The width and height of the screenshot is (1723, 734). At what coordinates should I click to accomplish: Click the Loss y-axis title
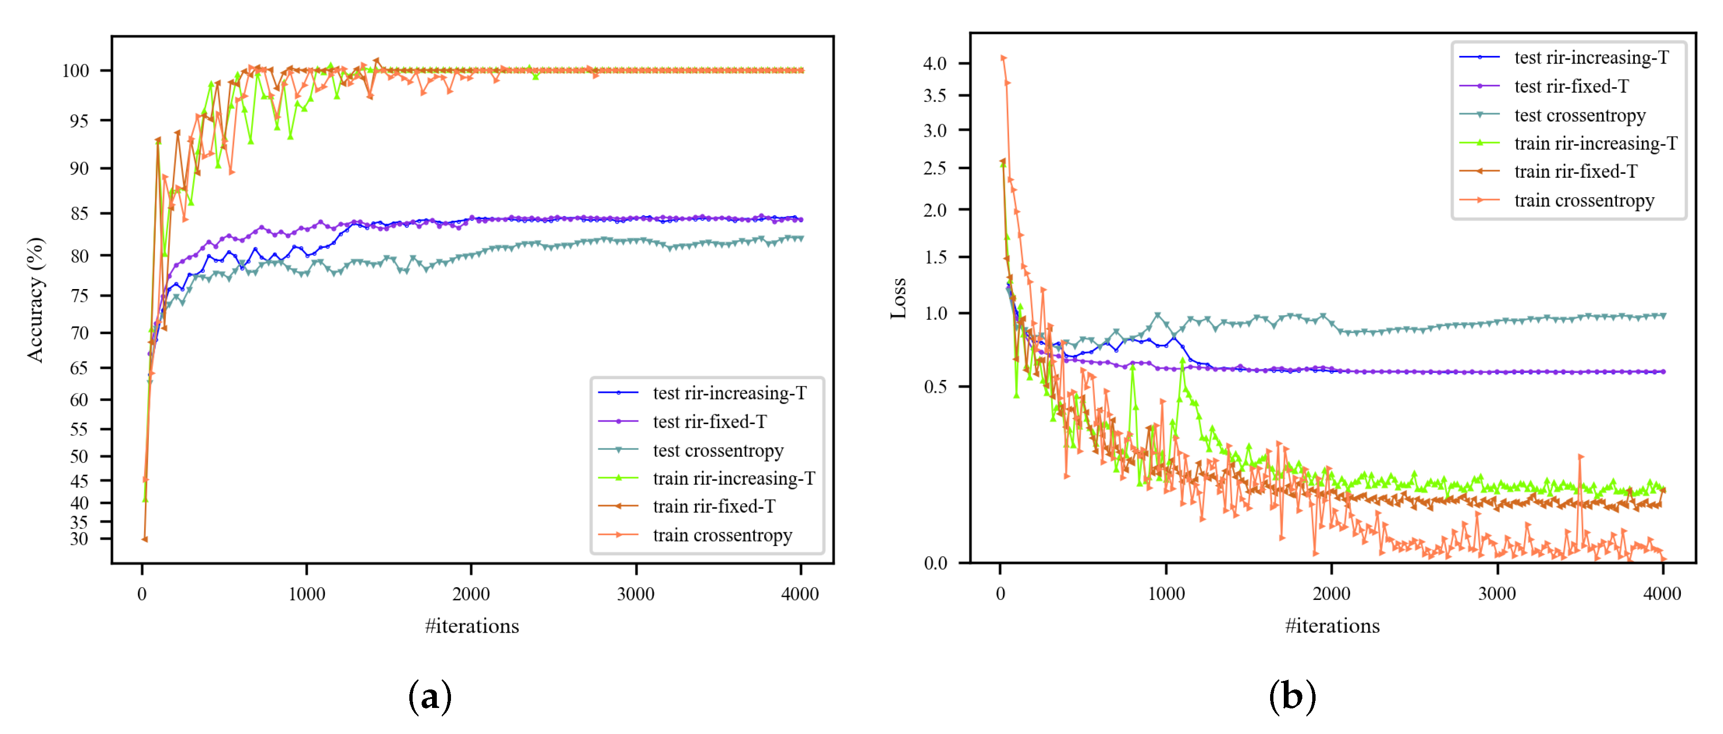[898, 298]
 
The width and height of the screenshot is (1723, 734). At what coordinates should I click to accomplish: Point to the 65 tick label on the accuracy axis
[79, 368]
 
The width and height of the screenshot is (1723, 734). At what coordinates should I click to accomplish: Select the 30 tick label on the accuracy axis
[79, 539]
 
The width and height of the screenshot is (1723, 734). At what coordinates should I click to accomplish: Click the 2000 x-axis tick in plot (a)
[471, 593]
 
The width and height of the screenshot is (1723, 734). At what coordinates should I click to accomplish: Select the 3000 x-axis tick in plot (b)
[1497, 593]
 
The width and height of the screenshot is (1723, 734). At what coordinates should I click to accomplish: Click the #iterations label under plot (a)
[471, 625]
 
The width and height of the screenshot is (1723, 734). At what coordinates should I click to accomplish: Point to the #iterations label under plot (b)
[1332, 625]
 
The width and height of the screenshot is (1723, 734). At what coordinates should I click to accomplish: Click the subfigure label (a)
[429, 697]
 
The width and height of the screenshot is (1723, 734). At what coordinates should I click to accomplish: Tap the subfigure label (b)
[1291, 697]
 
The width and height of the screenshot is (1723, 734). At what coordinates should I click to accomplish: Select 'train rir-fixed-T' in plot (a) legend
[713, 507]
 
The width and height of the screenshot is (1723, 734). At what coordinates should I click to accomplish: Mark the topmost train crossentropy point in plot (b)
[1002, 58]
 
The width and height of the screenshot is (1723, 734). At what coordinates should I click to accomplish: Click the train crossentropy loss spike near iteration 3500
[1580, 457]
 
